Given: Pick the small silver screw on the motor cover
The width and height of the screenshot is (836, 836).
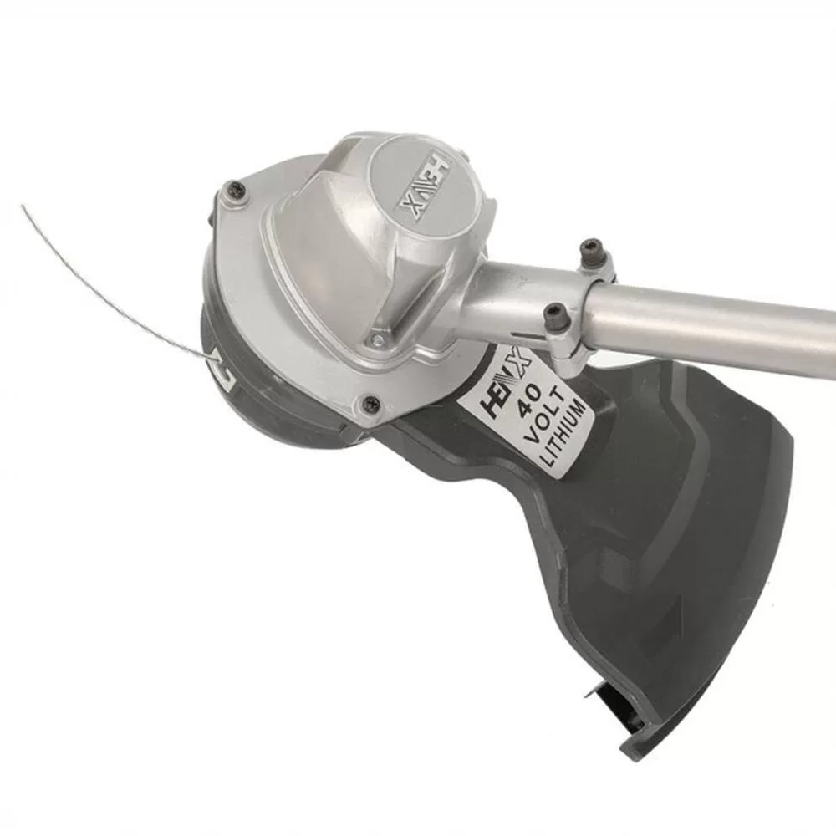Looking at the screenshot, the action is (x=378, y=338).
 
